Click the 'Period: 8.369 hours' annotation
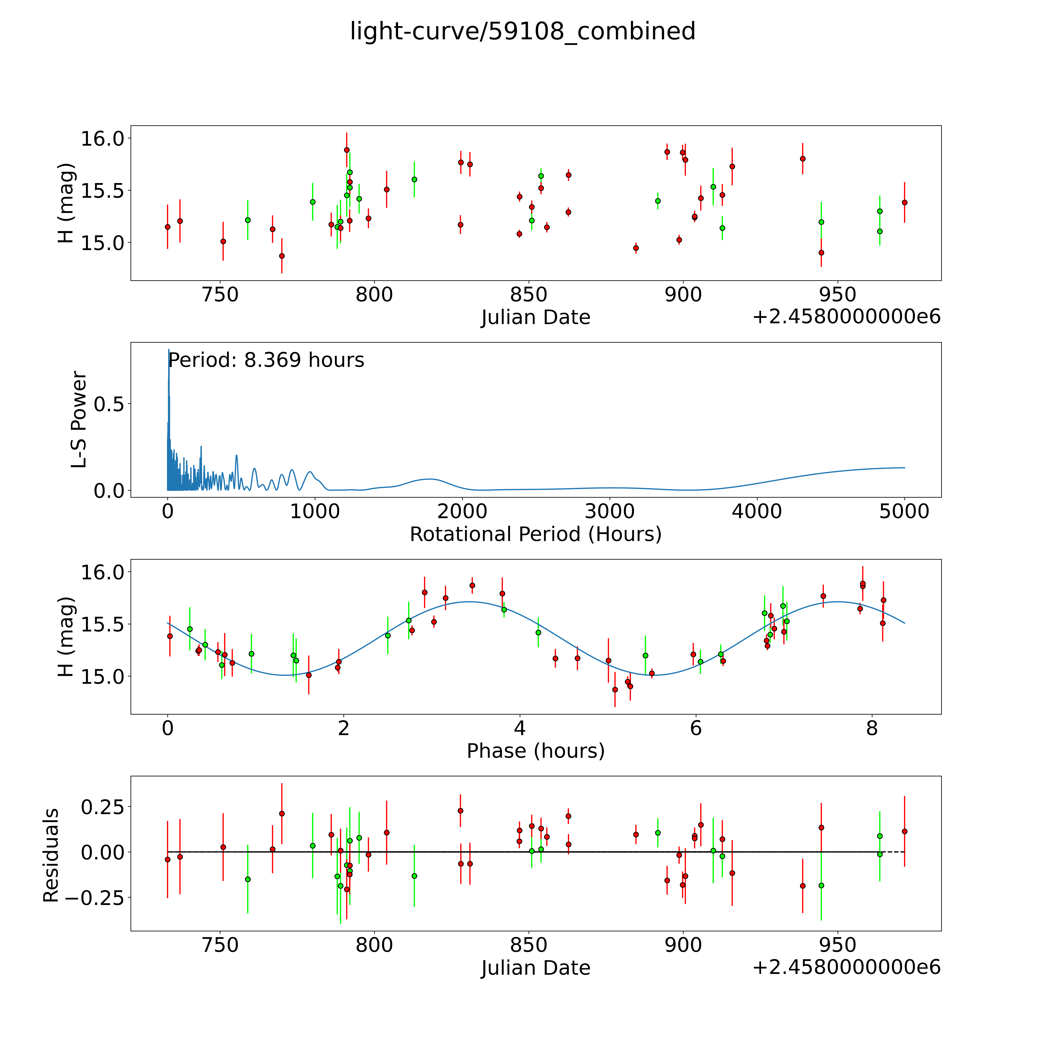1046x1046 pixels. click(x=266, y=360)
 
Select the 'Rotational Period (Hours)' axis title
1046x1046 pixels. click(x=535, y=534)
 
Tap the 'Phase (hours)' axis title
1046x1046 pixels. click(x=535, y=751)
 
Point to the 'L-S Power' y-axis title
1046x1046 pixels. click(x=79, y=420)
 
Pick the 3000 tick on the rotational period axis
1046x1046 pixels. click(x=610, y=512)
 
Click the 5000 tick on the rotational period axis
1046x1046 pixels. click(x=904, y=512)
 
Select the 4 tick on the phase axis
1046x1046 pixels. click(x=520, y=728)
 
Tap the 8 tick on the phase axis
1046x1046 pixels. click(x=872, y=728)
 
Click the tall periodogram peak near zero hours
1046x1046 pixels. click(x=168, y=351)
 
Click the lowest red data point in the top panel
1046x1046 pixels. click(x=281, y=256)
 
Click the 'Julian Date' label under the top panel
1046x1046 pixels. click(x=535, y=317)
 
